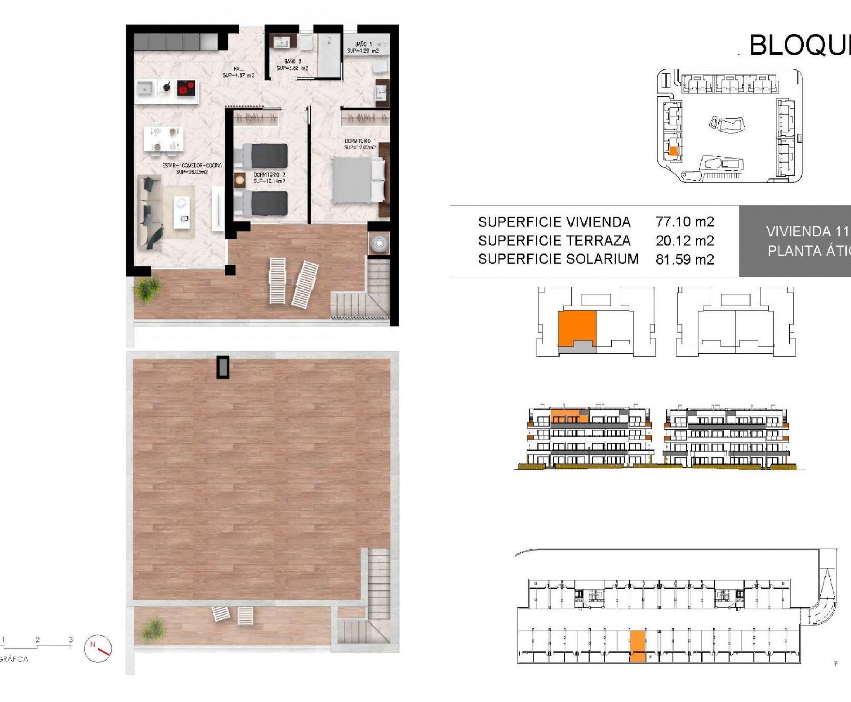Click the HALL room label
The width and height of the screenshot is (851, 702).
click(239, 72)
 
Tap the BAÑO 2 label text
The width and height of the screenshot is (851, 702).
click(292, 65)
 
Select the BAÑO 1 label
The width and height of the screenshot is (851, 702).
click(363, 47)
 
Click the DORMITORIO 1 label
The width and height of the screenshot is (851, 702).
click(360, 144)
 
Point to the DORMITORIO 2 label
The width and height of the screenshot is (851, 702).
click(269, 178)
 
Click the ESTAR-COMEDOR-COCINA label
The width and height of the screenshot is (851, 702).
click(192, 168)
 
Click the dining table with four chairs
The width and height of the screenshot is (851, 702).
click(163, 139)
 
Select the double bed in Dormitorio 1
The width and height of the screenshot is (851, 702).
click(358, 180)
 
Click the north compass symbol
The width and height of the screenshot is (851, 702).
click(98, 648)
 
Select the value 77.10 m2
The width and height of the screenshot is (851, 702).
click(685, 222)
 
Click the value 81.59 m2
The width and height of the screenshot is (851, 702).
click(685, 259)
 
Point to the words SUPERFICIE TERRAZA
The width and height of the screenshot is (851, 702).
click(554, 241)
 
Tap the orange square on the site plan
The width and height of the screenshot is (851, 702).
click(673, 151)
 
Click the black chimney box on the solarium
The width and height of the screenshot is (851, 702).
click(223, 367)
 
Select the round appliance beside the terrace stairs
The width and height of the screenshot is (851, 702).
click(379, 243)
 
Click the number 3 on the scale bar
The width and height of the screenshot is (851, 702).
click(71, 639)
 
